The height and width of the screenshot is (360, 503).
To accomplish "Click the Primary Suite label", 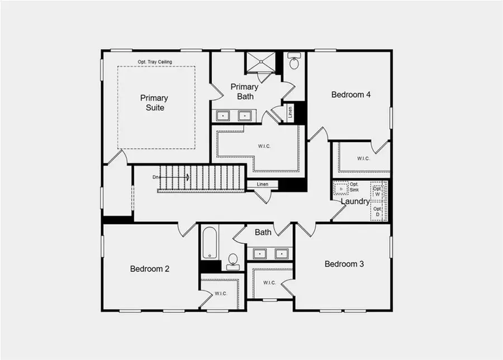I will (x=154, y=103).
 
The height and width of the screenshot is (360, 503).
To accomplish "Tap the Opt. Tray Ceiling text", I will (x=155, y=61).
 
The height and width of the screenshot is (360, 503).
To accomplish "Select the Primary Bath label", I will (x=245, y=91).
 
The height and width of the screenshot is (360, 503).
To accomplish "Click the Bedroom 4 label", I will (x=351, y=94).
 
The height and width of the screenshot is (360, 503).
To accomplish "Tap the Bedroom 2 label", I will (x=150, y=269).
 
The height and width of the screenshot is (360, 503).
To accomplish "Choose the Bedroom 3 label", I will (x=344, y=264).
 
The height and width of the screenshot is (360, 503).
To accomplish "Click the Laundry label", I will (x=355, y=201).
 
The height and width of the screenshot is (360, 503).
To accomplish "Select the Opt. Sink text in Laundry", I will (x=354, y=187).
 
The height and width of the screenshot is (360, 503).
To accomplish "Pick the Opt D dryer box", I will (x=378, y=211).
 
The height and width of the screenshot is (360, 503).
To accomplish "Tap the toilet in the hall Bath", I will (x=233, y=260).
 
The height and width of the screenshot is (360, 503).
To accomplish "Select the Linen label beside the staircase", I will (x=263, y=184).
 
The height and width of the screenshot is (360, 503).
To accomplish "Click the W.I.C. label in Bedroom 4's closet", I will (x=363, y=158).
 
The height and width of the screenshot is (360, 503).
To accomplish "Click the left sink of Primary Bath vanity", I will (x=224, y=116).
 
